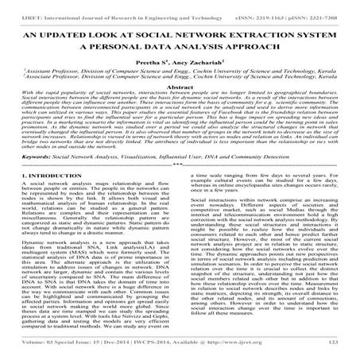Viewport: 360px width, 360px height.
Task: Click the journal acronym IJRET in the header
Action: (17, 8)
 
